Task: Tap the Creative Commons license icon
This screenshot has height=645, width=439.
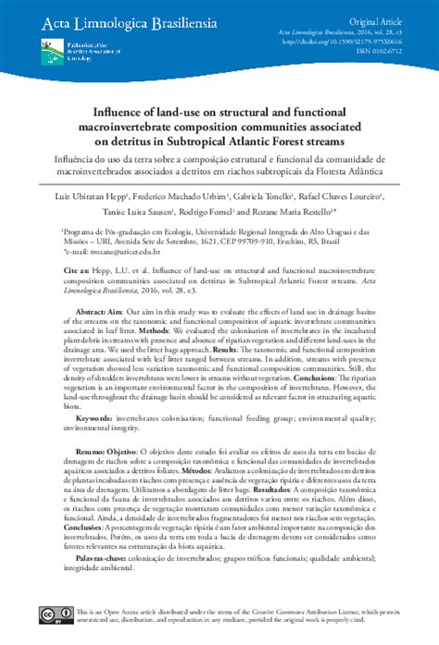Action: [53, 616]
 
